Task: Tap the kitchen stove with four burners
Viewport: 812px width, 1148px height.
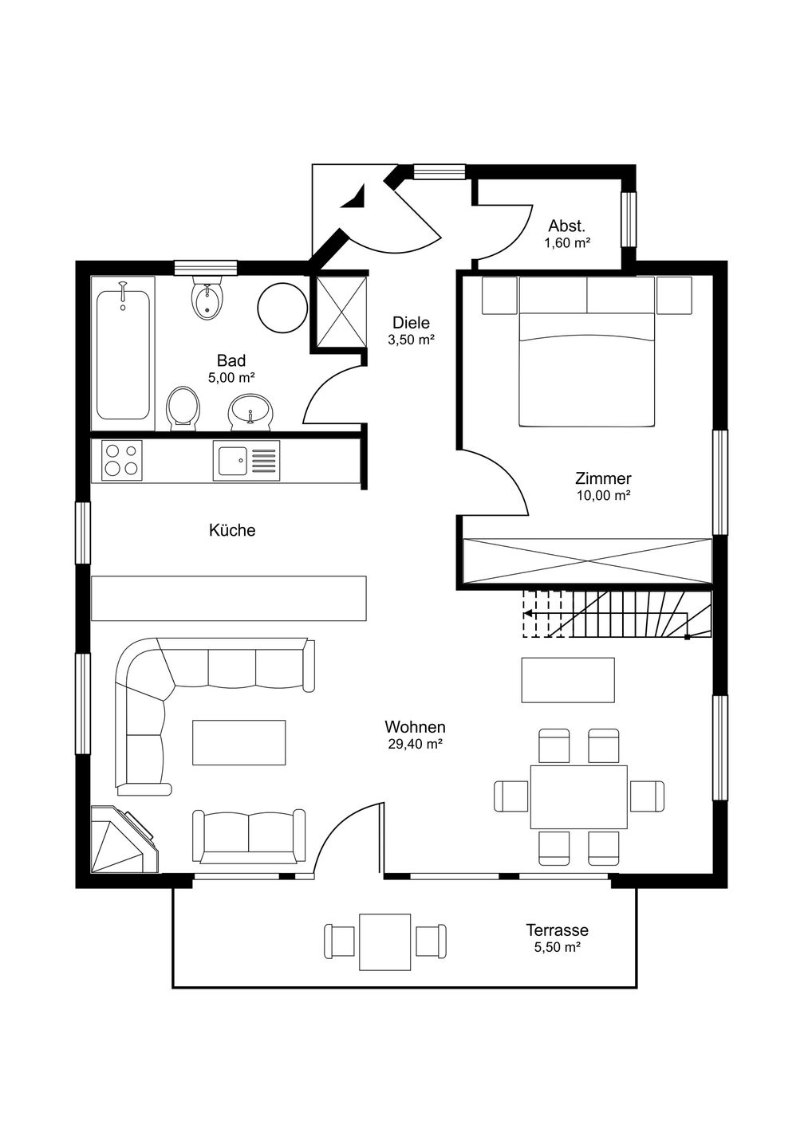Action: (122, 460)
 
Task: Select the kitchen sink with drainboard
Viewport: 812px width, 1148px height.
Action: (246, 460)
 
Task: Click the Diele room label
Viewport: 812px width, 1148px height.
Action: (411, 323)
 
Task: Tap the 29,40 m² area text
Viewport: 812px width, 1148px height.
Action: (415, 744)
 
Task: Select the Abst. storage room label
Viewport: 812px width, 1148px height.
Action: (567, 226)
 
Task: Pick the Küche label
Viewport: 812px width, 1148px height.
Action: (232, 530)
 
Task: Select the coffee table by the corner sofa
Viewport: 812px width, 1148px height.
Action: (238, 743)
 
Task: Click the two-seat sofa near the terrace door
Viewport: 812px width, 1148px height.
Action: (249, 835)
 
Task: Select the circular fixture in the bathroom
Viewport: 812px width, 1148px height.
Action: (282, 308)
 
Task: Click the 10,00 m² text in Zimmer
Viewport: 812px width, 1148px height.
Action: (603, 496)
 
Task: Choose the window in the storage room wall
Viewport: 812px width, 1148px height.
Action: (629, 219)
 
